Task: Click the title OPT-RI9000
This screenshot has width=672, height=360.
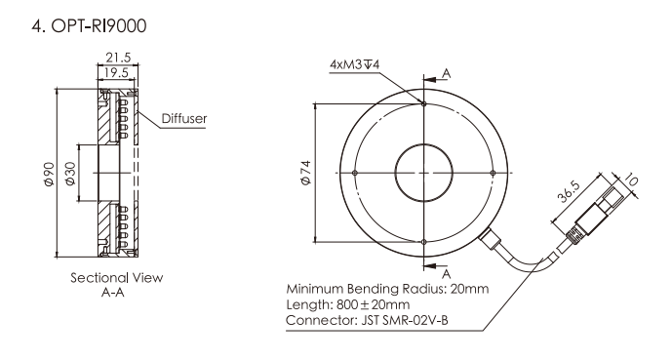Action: (99, 26)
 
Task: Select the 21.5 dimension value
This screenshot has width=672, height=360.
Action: (118, 58)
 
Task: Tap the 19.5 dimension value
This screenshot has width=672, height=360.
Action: (116, 72)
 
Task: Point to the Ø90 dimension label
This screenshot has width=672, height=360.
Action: (49, 174)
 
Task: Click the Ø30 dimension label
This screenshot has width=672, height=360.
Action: (70, 174)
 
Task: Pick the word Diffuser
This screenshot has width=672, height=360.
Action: (184, 118)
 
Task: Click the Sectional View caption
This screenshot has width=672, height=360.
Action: (117, 278)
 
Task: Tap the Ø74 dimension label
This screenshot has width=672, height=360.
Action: (306, 173)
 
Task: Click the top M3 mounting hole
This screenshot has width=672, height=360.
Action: (424, 103)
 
